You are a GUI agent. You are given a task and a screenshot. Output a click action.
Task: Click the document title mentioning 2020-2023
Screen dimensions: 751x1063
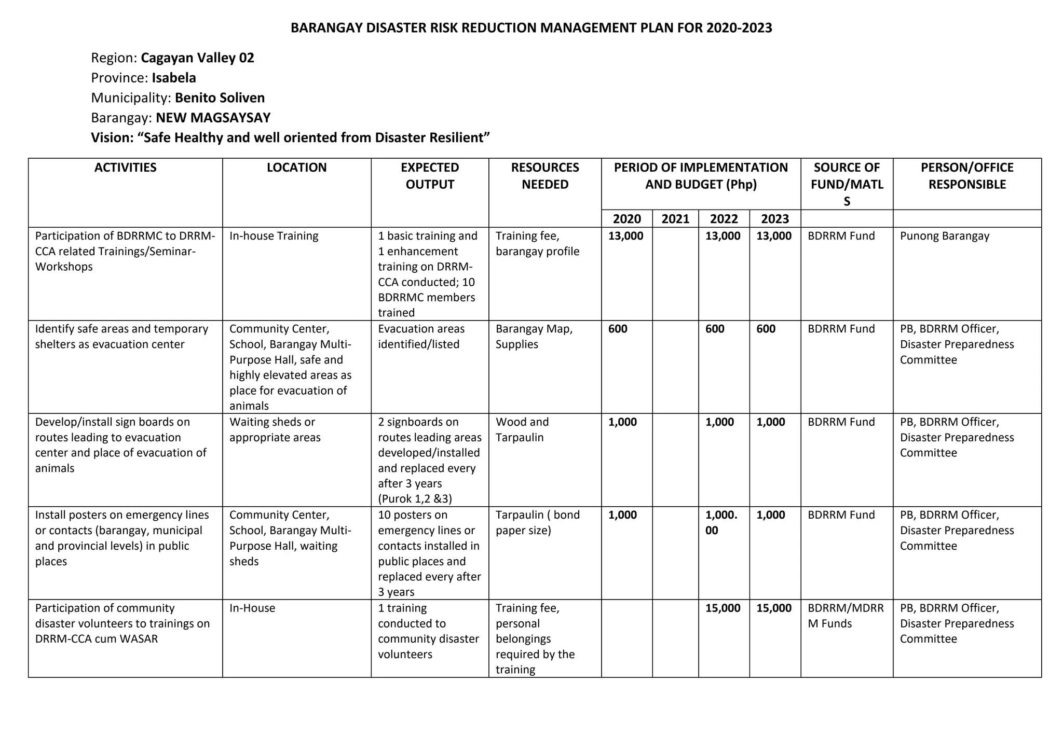(531, 28)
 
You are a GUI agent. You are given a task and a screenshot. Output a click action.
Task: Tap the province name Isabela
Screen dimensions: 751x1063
(173, 78)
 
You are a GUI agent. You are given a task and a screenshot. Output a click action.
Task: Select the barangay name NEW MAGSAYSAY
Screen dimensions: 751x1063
(213, 118)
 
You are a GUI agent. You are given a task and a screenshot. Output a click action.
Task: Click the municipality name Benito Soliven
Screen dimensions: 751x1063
(220, 98)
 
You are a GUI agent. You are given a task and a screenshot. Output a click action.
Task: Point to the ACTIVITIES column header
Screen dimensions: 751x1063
(125, 168)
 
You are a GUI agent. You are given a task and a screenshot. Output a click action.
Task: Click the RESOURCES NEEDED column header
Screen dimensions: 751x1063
(544, 176)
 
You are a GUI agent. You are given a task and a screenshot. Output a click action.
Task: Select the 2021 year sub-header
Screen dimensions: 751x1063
(675, 219)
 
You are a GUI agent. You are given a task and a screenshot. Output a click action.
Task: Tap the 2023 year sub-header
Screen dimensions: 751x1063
(774, 219)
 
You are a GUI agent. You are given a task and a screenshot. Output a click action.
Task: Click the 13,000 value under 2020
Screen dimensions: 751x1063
(625, 236)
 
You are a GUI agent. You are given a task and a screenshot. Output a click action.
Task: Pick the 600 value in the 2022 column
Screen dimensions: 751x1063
(715, 329)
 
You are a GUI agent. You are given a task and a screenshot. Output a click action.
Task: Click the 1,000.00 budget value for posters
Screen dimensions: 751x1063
(721, 523)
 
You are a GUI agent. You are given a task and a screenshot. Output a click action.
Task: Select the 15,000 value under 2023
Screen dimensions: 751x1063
(773, 608)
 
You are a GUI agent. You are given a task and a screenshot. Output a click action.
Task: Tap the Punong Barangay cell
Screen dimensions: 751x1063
(944, 236)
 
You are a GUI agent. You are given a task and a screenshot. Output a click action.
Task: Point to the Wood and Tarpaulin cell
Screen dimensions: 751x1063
(522, 429)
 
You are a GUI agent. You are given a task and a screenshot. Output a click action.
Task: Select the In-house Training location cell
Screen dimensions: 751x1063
(274, 236)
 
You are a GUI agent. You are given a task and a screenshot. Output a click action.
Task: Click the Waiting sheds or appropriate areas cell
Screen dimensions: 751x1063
(275, 429)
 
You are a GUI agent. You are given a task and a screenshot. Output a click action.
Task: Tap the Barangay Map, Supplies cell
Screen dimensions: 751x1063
(534, 337)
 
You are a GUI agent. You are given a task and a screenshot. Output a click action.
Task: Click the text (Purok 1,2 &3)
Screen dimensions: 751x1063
(415, 499)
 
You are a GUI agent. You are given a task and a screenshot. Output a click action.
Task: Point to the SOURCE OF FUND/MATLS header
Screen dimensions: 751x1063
(846, 184)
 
